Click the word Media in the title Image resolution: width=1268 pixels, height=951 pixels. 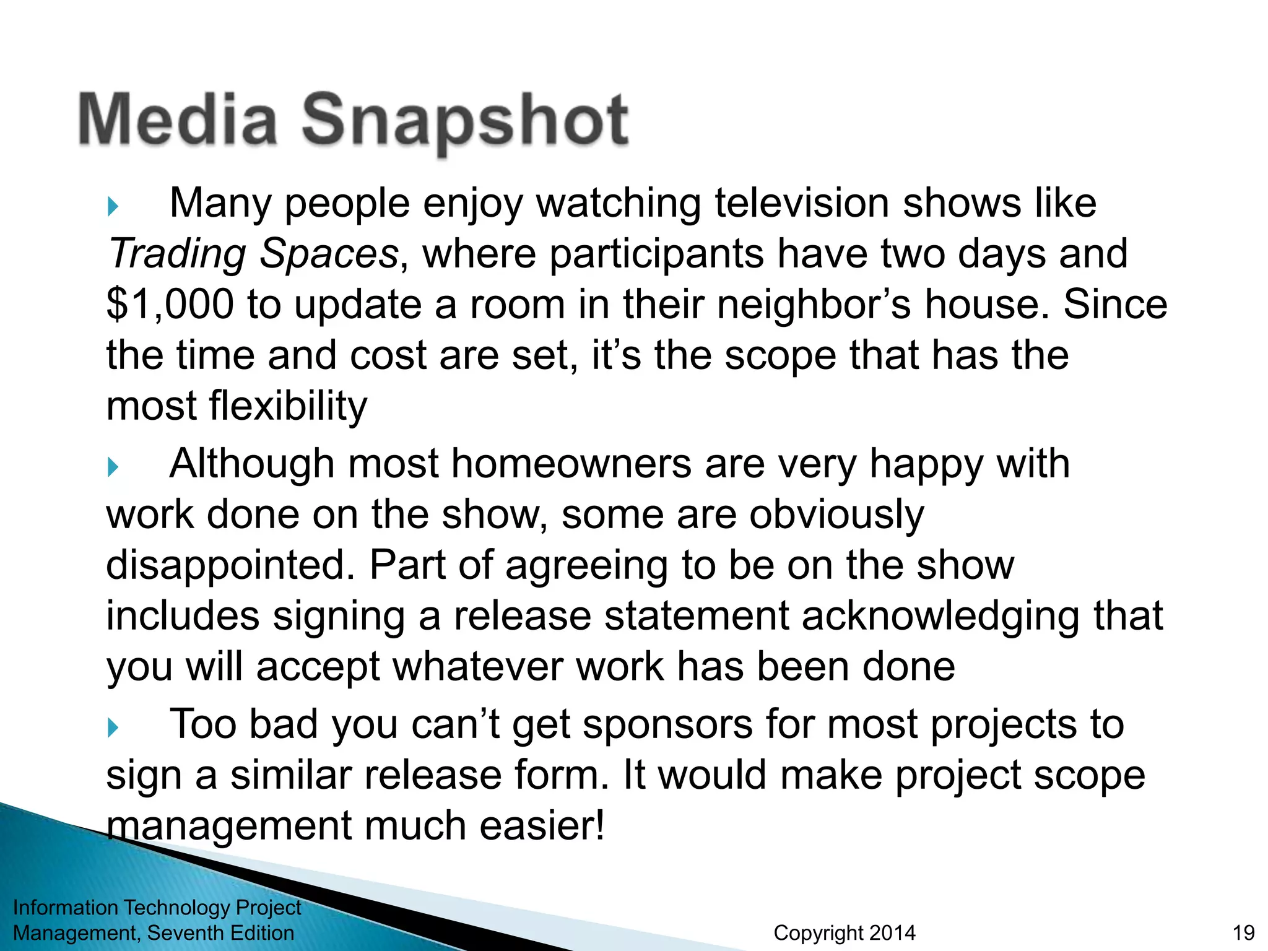pos(178,119)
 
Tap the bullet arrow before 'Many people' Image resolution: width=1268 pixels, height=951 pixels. pos(113,206)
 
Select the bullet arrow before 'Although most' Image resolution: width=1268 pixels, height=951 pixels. pos(113,467)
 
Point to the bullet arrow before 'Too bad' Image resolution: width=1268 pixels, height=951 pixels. pos(113,727)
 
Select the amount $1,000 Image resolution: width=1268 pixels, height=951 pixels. pos(170,305)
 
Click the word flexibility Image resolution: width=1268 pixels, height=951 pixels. pos(288,406)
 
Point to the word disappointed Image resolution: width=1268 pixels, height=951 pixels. pos(230,566)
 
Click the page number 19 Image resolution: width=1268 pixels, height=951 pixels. pos(1243,932)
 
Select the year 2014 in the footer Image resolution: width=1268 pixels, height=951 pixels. pos(890,932)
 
